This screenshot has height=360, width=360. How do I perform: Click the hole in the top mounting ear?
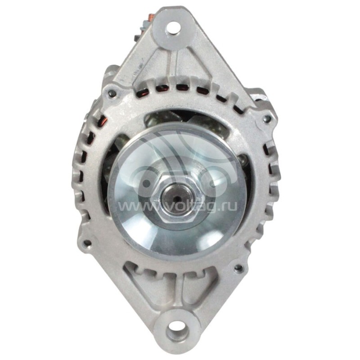point(172,31)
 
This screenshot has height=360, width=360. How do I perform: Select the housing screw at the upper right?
point(267,119)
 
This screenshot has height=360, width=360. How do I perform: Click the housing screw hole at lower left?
point(87,243)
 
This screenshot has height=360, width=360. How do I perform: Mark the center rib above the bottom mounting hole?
point(173,292)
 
